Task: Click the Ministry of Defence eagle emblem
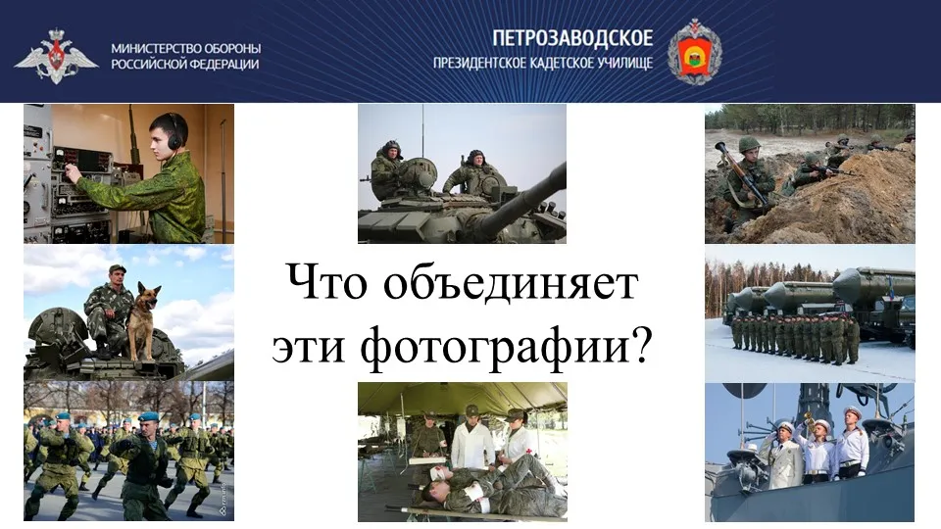56,56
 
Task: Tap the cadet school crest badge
694,51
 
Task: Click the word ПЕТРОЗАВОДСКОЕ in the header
572,38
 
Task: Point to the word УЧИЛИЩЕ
624,63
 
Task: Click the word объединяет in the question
510,282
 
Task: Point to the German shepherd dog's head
146,294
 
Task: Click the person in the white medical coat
472,437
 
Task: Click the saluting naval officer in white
782,454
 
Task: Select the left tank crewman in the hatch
386,169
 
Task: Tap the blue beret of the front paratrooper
148,416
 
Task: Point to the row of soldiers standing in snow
795,339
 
